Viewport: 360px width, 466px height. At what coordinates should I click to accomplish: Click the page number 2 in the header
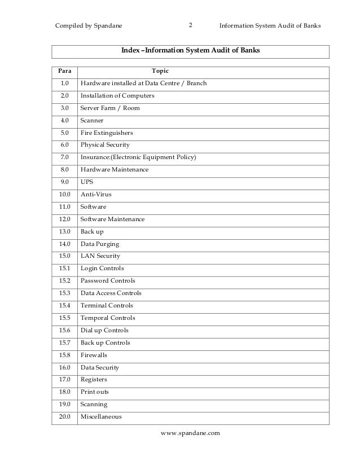point(190,25)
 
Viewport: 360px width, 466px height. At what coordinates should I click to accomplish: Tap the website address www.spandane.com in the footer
point(190,433)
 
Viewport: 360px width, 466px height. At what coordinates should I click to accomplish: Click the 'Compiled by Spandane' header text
point(89,26)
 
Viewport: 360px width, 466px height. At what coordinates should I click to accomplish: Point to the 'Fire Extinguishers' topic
point(107,133)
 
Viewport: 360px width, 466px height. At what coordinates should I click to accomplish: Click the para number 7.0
point(64,157)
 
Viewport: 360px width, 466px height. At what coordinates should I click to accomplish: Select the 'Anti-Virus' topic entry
point(96,194)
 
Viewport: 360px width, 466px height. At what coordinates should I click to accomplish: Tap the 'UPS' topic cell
point(87,182)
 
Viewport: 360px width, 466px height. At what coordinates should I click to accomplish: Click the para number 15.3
point(64,293)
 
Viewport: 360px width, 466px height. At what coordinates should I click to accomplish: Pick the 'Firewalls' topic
point(94,355)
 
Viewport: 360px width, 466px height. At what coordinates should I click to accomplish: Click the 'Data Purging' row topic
point(100,244)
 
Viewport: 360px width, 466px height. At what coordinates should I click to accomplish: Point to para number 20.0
point(64,417)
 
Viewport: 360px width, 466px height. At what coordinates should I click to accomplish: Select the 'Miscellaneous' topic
point(101,417)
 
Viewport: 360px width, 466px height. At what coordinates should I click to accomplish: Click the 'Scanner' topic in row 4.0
point(92,120)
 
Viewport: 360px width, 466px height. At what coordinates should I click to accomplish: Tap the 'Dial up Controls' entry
point(104,331)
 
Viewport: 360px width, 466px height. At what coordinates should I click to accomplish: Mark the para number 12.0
point(64,219)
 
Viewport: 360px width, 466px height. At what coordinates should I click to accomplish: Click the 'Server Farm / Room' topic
point(110,108)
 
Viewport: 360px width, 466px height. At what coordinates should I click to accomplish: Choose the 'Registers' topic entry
point(94,380)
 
